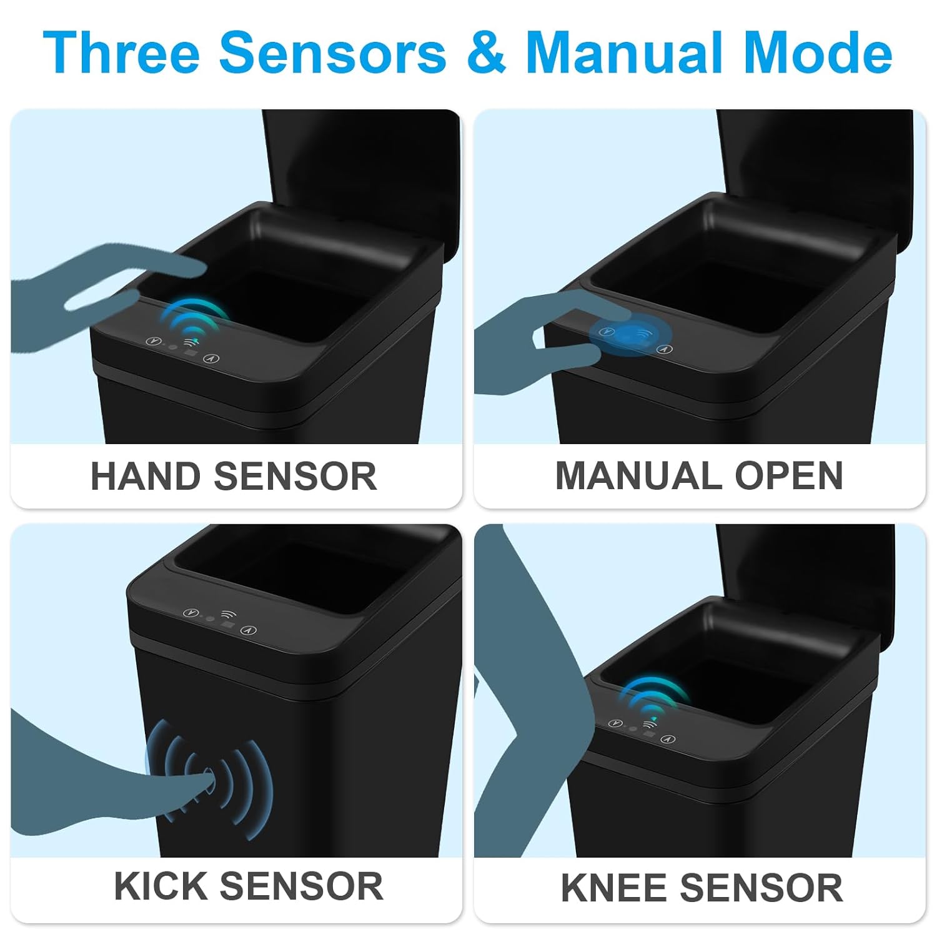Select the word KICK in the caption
point(159,886)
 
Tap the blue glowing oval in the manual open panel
point(630,335)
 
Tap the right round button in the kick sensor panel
point(249,630)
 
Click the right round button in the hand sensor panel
point(214,359)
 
